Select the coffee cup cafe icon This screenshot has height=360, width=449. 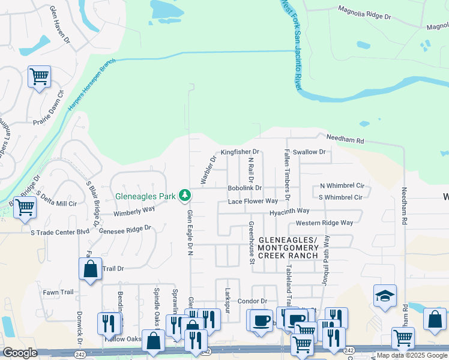261,319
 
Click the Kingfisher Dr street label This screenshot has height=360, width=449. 240,152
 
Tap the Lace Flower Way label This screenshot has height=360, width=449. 253,202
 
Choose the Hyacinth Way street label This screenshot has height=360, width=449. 289,211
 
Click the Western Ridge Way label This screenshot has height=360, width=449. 324,223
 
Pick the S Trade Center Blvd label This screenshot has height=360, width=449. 60,231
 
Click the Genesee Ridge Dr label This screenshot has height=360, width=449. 125,229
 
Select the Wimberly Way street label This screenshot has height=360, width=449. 134,211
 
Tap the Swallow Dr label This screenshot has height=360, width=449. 309,152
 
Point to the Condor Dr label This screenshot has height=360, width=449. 252,301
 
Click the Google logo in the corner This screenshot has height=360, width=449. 20,353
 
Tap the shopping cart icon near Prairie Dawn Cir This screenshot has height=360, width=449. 39,76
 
